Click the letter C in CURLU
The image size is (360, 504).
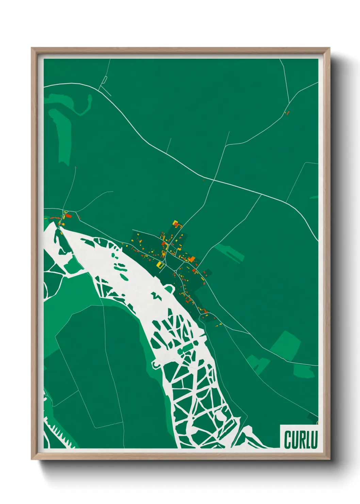click(288, 440)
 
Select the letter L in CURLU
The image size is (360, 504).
click(309, 440)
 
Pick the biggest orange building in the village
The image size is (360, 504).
click(192, 259)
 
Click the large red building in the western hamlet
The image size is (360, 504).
click(68, 215)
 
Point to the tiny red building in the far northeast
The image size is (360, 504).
click(288, 113)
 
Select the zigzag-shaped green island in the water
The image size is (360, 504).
click(156, 295)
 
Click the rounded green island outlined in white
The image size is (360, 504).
click(169, 289)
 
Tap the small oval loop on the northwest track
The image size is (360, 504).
click(105, 80)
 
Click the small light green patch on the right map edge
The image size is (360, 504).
click(314, 197)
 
